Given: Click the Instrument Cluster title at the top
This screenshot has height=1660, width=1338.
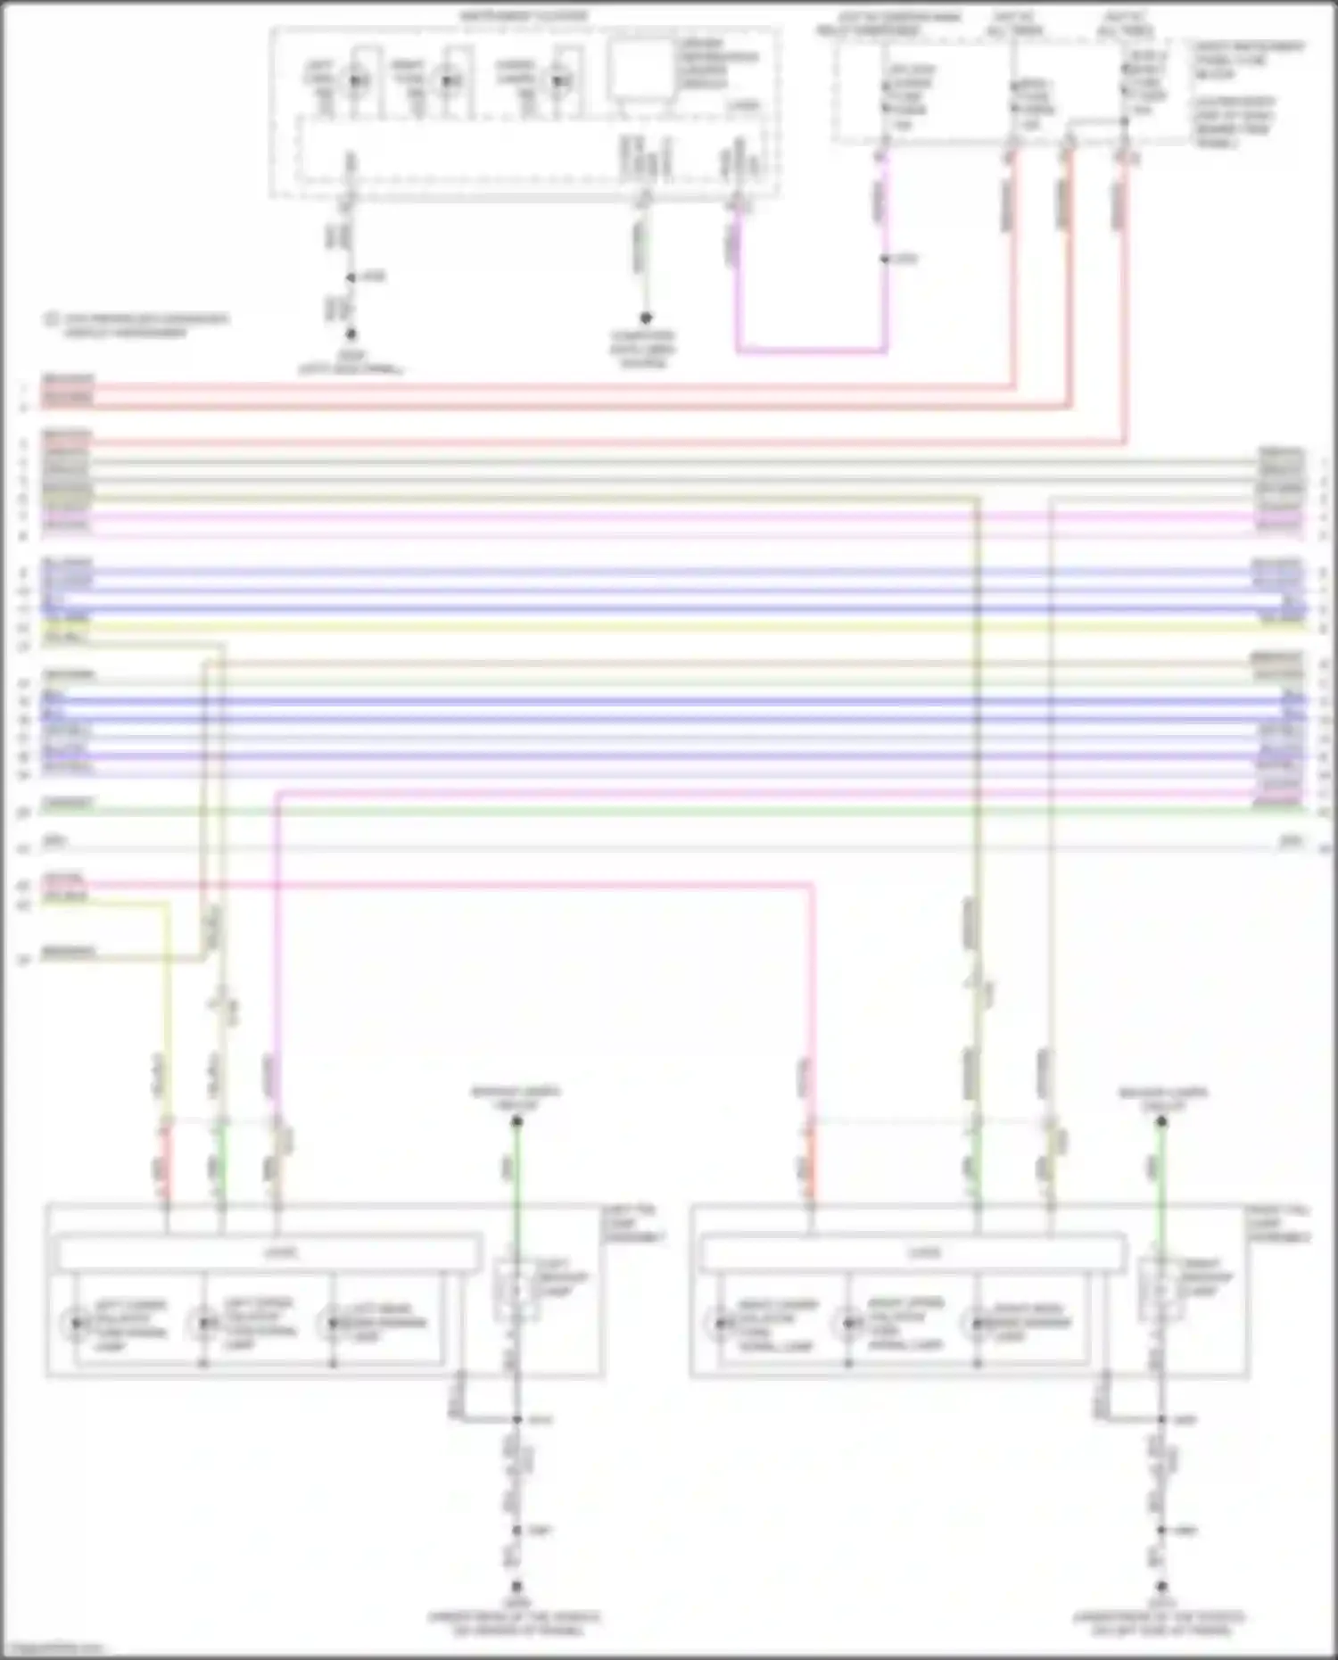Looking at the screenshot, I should click(524, 17).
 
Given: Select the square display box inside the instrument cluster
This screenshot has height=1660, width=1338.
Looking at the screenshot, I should click(640, 69).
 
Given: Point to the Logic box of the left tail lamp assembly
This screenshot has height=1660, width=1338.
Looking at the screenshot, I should click(268, 1253).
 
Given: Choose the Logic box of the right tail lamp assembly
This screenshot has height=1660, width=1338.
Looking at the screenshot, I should click(913, 1253).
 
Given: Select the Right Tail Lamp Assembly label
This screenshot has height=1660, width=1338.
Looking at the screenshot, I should click(1278, 1224).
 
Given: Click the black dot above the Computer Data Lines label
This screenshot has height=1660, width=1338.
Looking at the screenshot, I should click(645, 318).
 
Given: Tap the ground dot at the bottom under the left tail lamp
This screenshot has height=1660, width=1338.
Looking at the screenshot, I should click(516, 1588).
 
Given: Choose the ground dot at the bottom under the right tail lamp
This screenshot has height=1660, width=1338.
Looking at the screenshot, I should click(1161, 1588).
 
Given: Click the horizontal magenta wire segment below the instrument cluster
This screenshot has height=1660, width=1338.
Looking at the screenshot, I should click(810, 351).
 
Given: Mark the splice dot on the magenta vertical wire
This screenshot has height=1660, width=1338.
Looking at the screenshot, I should click(884, 260).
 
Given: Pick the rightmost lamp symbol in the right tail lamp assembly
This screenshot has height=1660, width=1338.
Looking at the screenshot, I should click(977, 1324).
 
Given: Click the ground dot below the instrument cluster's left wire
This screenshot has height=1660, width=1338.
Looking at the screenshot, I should click(351, 334).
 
